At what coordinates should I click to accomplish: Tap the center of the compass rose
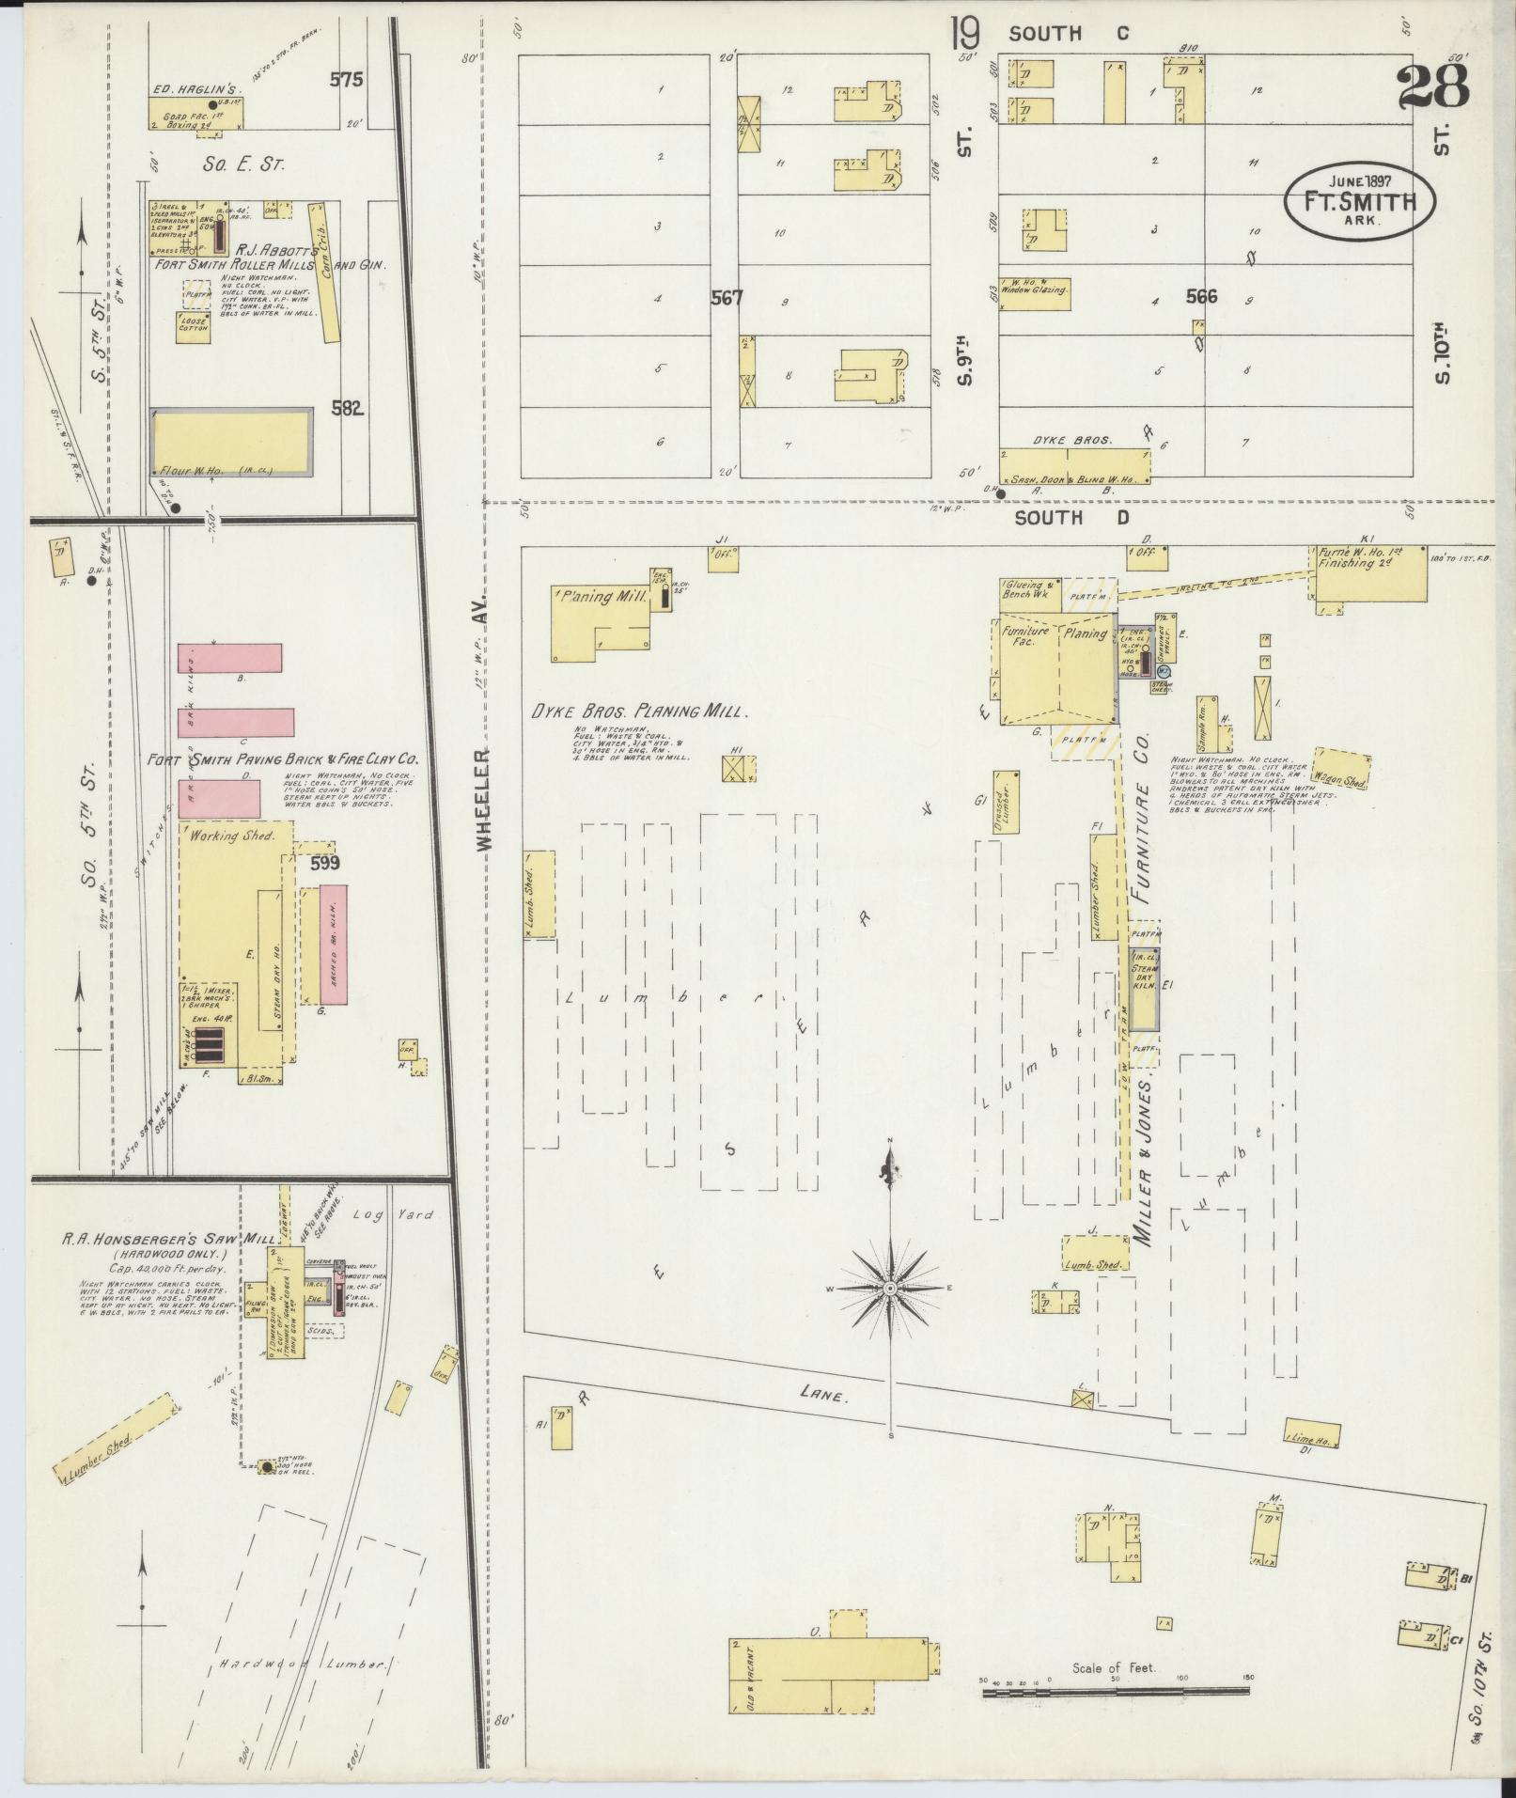tap(889, 1287)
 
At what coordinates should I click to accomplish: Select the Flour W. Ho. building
tap(232, 441)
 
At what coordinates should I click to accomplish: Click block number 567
tap(727, 299)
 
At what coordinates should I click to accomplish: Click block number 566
tap(1201, 297)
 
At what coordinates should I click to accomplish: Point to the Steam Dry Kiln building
tap(1144, 987)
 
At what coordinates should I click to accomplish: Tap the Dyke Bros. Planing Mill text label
tap(639, 711)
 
